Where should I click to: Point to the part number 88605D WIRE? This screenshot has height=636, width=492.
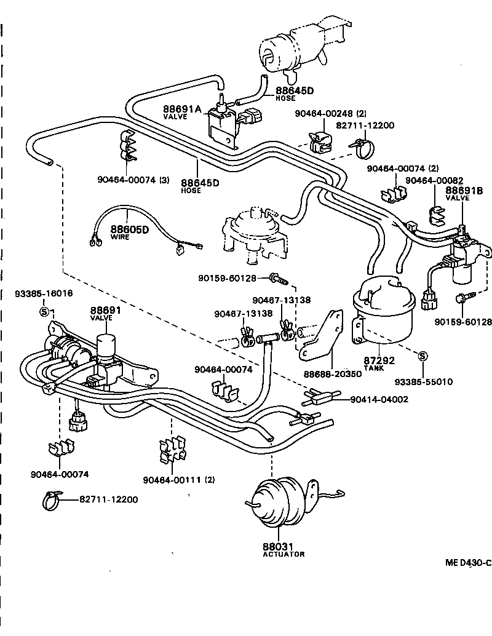[130, 231]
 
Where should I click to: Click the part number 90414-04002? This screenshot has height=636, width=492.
[379, 399]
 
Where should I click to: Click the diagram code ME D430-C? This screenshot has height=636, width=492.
[468, 563]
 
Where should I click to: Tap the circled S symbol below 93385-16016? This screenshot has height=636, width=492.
[44, 311]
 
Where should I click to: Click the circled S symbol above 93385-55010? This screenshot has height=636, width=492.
[423, 356]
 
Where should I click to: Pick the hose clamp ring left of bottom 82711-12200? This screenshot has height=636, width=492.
[53, 500]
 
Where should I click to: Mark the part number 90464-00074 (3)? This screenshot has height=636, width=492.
[133, 180]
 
